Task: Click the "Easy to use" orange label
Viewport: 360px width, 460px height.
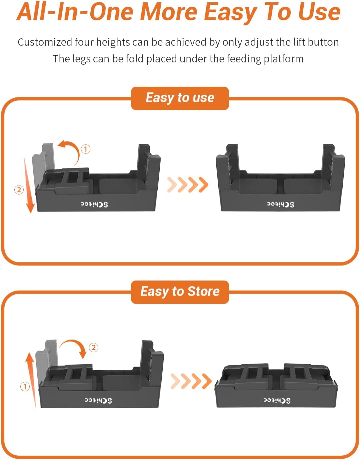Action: [x=180, y=98]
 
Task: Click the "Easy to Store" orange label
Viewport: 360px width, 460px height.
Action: [x=180, y=292]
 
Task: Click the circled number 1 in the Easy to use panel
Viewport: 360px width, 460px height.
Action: [x=86, y=149]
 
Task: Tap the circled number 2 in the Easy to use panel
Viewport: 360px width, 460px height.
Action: [x=19, y=190]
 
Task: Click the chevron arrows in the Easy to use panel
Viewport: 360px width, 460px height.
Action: [x=188, y=184]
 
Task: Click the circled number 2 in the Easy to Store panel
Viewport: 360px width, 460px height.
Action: [x=94, y=348]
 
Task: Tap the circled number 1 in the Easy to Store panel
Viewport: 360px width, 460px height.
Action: [x=25, y=387]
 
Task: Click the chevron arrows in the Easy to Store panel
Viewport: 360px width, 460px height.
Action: [x=191, y=381]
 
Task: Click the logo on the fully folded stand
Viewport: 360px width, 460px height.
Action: [x=277, y=400]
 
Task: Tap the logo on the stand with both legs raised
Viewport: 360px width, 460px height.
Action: [x=280, y=204]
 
